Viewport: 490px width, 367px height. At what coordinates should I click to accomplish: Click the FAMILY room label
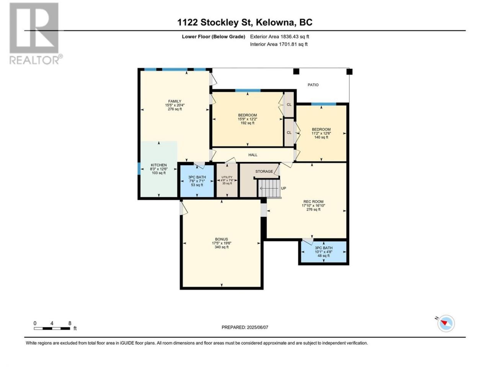(175, 101)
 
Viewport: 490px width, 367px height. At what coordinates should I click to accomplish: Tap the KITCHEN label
(159, 165)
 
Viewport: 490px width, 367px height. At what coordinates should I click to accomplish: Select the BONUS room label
(222, 239)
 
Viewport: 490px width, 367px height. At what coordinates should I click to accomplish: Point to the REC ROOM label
(314, 202)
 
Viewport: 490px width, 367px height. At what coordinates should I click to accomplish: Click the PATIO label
(313, 85)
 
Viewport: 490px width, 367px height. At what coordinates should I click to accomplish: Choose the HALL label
(253, 155)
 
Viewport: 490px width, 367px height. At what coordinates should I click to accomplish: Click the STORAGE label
(264, 171)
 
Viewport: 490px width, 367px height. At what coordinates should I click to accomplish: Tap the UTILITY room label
(227, 177)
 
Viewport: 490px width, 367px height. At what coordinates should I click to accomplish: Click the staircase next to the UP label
(269, 188)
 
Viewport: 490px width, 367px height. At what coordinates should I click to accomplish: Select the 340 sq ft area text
(222, 247)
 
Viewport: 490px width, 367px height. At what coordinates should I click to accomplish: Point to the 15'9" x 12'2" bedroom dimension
(247, 119)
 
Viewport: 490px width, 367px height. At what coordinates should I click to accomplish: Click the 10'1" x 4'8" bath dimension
(323, 252)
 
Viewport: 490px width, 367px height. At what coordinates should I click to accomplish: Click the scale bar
(52, 328)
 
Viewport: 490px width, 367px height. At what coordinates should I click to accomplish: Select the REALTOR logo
(36, 33)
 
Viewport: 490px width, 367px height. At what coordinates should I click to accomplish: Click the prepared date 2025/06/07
(257, 327)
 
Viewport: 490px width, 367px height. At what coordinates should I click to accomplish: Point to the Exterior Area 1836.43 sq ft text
(279, 37)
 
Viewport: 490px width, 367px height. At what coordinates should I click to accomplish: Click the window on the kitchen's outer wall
(139, 169)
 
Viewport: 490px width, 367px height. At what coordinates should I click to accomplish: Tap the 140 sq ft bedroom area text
(321, 137)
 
